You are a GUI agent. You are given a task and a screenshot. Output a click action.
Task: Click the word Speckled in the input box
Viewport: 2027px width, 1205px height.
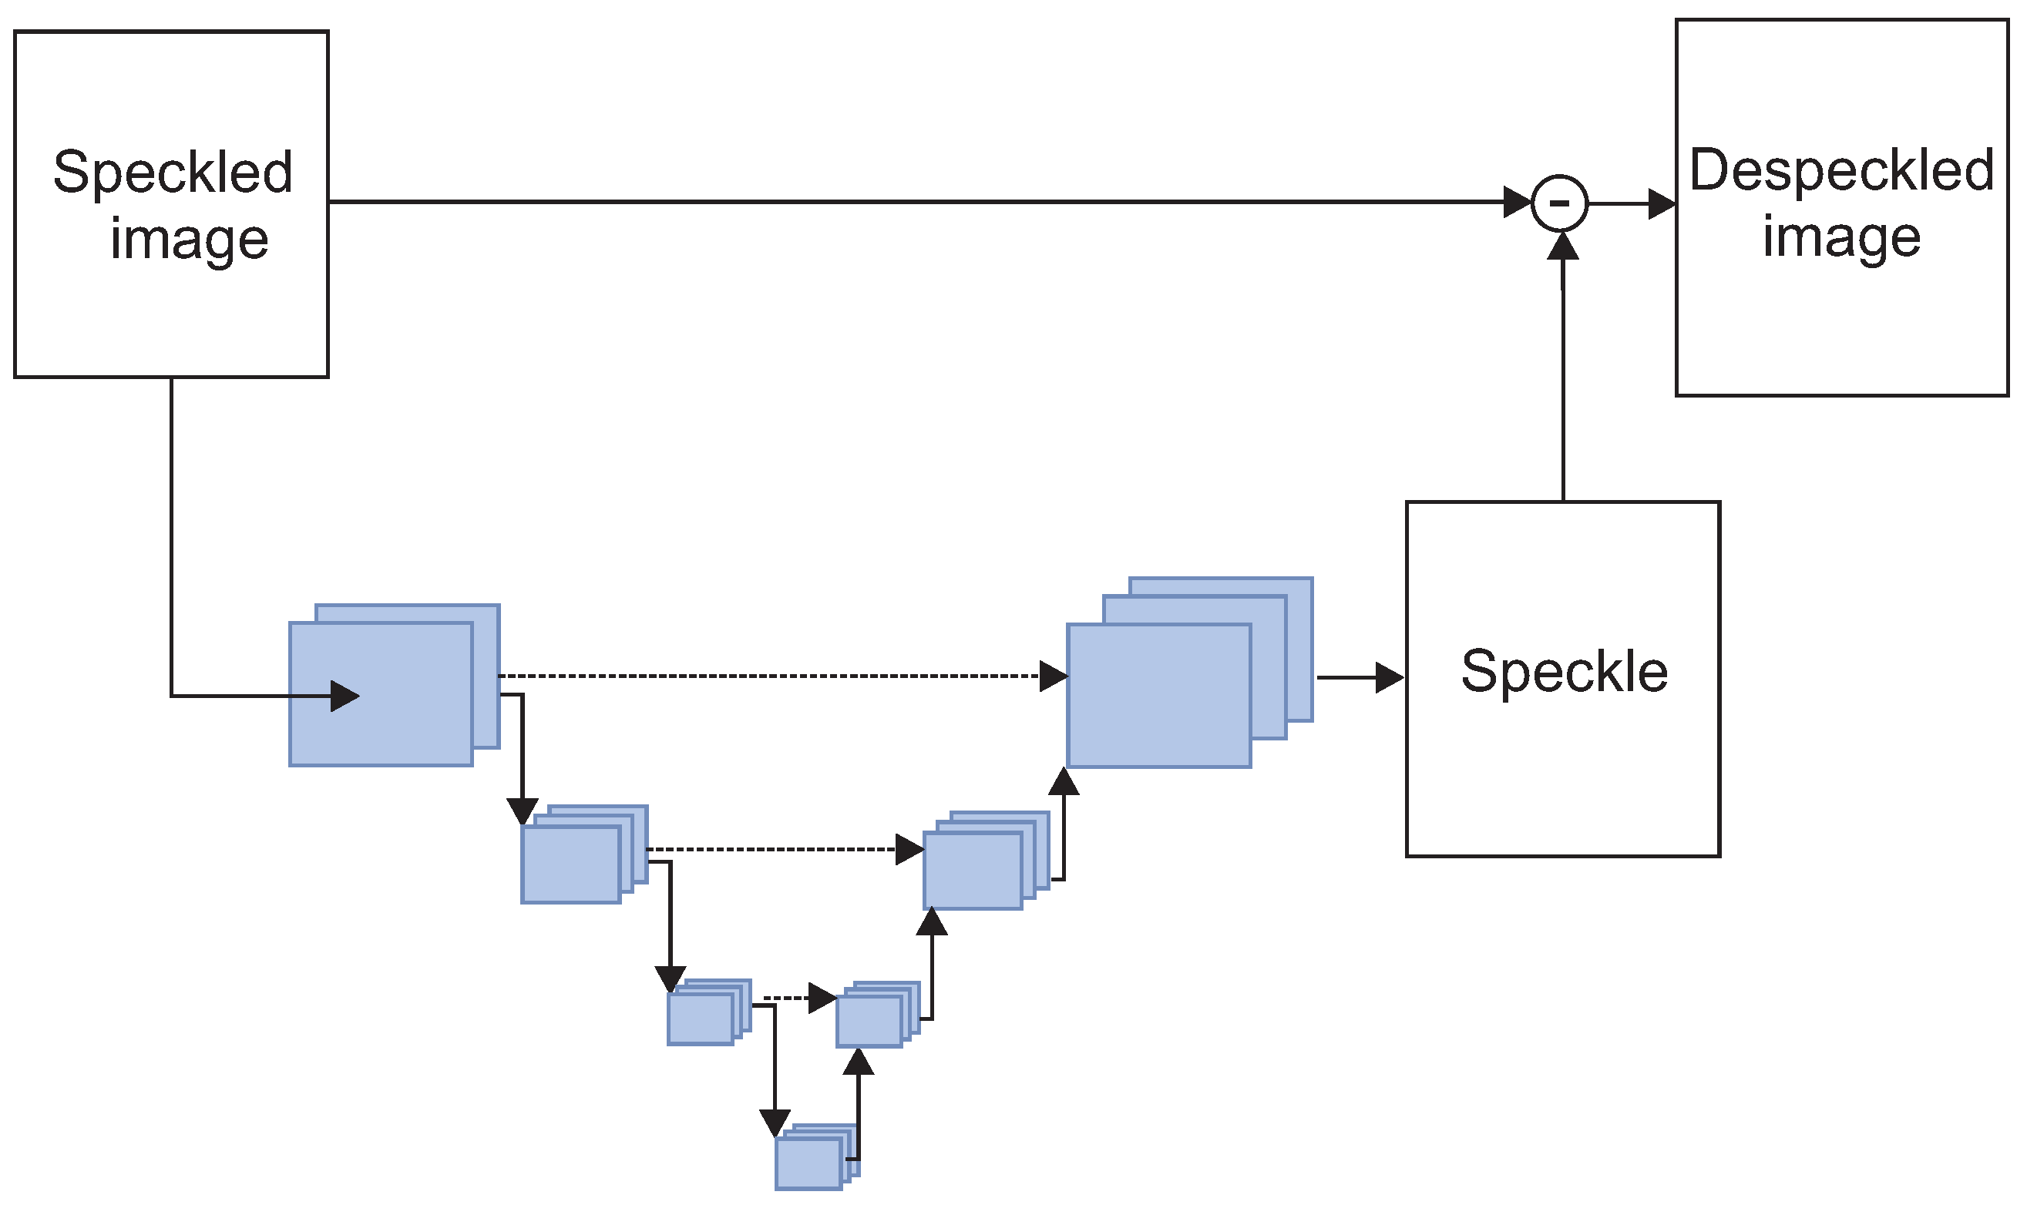click(172, 173)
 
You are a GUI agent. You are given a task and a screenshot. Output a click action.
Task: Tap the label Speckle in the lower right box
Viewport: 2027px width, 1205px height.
click(1563, 673)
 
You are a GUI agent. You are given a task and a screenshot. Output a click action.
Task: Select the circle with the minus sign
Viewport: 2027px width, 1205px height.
click(1559, 203)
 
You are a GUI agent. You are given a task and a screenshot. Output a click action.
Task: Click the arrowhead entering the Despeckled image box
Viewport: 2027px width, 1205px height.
click(1662, 204)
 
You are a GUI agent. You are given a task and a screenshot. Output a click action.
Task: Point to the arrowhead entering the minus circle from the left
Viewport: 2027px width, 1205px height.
click(1516, 202)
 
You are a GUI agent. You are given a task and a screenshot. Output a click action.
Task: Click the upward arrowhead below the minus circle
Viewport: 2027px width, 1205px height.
click(1562, 246)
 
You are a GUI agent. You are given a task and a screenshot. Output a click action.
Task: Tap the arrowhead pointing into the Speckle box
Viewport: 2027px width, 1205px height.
click(1389, 677)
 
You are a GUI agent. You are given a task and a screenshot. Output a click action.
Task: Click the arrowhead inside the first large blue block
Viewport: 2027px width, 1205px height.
click(345, 696)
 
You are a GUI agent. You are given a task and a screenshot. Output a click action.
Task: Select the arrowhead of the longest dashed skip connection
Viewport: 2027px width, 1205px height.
click(1054, 676)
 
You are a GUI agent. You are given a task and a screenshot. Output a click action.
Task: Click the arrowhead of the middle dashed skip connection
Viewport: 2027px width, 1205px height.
click(909, 849)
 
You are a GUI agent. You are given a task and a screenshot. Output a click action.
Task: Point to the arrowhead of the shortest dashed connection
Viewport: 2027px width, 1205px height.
click(822, 998)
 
